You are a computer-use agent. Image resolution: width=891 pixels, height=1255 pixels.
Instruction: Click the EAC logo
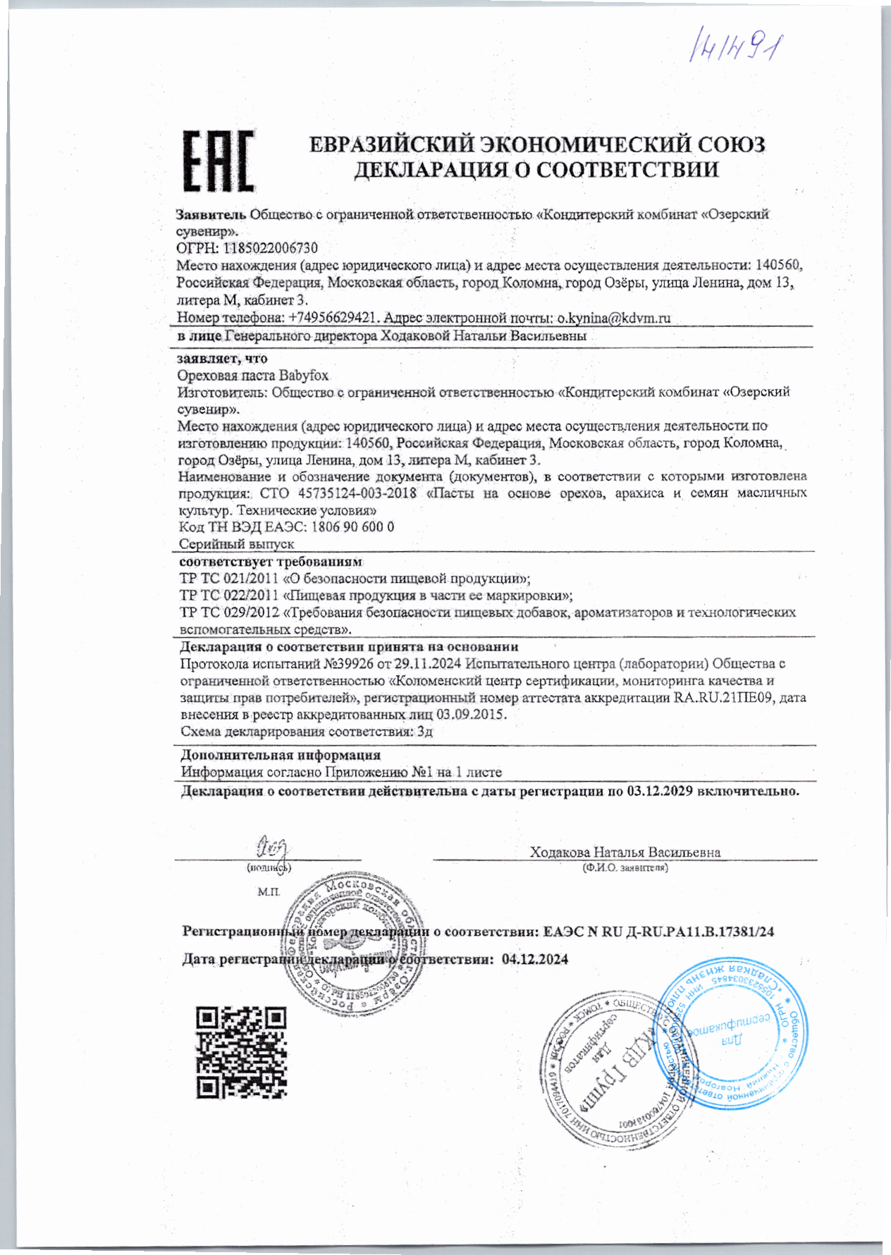pyautogui.click(x=219, y=161)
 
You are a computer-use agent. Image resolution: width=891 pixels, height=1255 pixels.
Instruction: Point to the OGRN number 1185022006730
pyautogui.click(x=271, y=248)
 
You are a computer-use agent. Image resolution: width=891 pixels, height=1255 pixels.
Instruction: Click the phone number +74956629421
pyautogui.click(x=335, y=318)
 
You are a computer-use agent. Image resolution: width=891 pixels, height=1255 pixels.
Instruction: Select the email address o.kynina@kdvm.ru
pyautogui.click(x=613, y=318)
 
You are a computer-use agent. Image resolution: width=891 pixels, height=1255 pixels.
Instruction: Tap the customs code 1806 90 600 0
pyautogui.click(x=352, y=527)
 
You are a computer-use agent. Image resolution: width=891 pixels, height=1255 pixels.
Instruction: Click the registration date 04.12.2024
pyautogui.click(x=535, y=959)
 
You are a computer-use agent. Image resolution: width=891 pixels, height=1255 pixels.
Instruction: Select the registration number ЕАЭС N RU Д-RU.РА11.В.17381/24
pyautogui.click(x=658, y=932)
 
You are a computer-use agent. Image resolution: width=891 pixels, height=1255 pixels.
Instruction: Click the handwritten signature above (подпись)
pyautogui.click(x=272, y=845)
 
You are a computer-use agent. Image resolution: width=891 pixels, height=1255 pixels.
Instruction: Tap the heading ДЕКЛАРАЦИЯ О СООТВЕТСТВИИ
pyautogui.click(x=536, y=170)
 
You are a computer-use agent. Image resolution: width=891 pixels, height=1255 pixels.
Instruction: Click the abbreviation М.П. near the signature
pyautogui.click(x=269, y=892)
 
